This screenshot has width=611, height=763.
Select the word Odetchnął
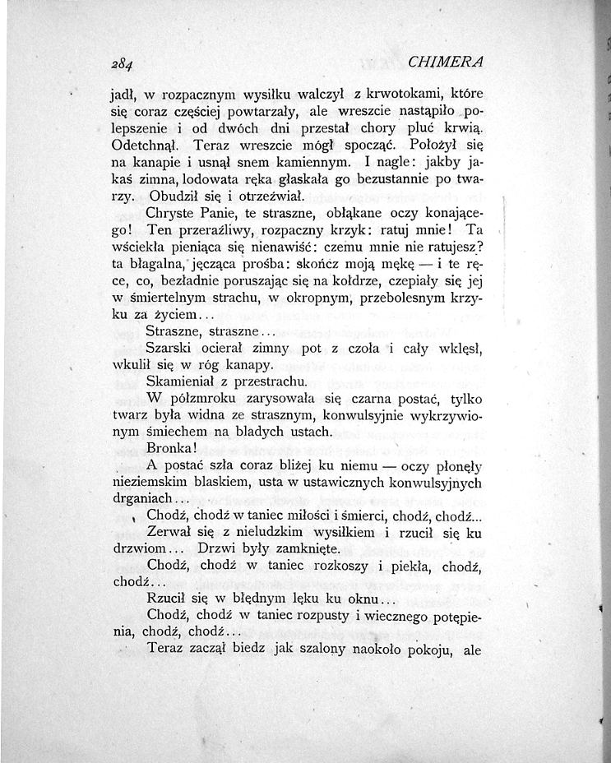click(x=141, y=145)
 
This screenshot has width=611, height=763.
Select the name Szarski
click(x=169, y=350)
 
